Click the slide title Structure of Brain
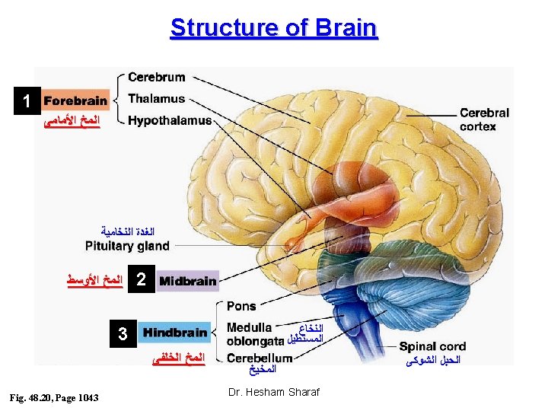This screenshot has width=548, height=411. point(274,27)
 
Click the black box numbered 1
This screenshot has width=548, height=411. point(27,100)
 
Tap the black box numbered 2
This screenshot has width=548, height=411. point(140,280)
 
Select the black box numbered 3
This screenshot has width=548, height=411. point(123,333)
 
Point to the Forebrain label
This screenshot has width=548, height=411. point(75,100)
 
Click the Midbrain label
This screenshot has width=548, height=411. point(188,281)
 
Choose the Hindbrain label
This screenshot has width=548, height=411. point(175,332)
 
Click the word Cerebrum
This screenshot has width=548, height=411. point(156,77)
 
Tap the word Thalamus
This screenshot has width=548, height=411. point(156,98)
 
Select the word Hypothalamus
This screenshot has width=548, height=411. point(170,120)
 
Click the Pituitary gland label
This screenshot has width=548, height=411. point(127,246)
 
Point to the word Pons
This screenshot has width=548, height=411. point(241,306)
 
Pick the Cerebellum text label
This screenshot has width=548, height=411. point(260,358)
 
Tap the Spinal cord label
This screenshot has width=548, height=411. point(432,346)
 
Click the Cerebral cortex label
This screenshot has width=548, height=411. point(484,119)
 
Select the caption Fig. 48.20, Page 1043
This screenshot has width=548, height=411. point(53,397)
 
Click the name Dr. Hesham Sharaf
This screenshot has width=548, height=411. point(274,392)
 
